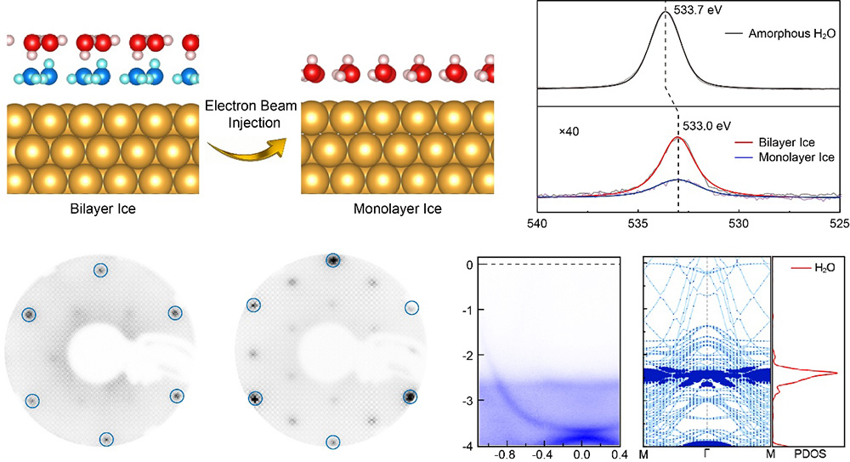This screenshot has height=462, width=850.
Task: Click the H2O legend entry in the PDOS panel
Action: pos(816,268)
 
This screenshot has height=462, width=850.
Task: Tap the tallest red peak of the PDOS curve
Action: pos(835,373)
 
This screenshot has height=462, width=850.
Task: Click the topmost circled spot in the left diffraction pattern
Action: pos(100,270)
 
